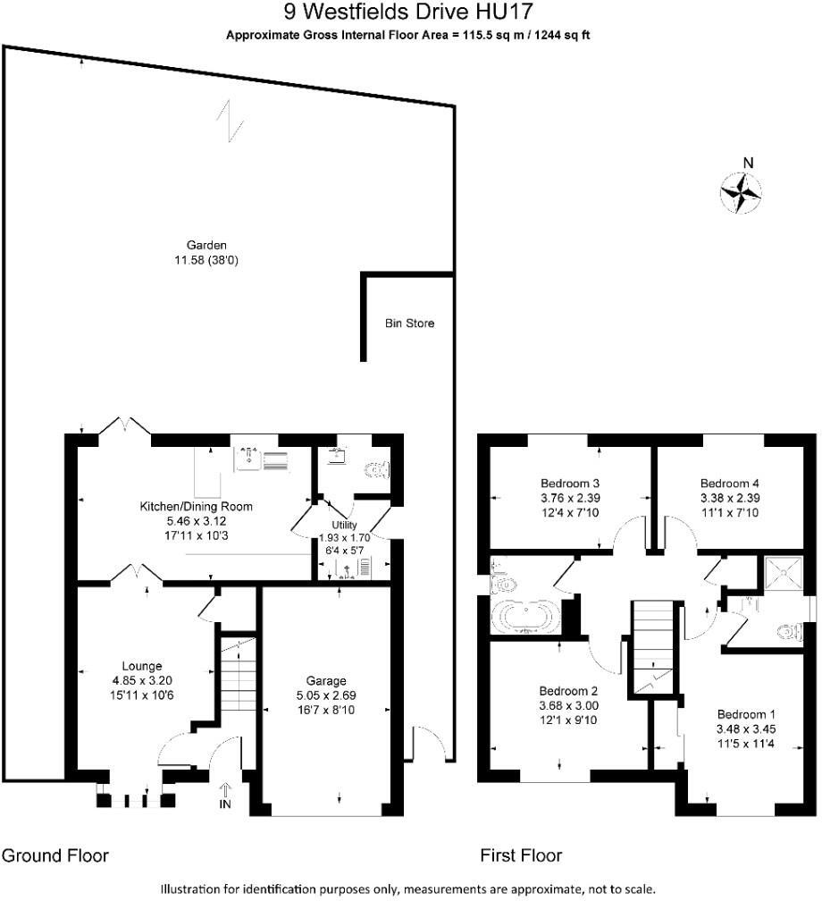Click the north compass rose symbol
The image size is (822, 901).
pos(741,191)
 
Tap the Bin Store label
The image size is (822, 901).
pos(409,324)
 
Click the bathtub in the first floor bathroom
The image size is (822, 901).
pos(524,618)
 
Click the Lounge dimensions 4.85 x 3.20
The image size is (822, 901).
pos(142,680)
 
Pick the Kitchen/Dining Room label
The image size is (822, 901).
pos(196,506)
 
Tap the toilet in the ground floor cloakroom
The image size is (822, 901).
pos(379,467)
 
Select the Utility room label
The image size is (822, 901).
pos(344,525)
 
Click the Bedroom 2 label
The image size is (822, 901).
pos(567,691)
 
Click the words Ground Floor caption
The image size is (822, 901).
pos(55,855)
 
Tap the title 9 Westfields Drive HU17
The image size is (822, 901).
pos(410,13)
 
